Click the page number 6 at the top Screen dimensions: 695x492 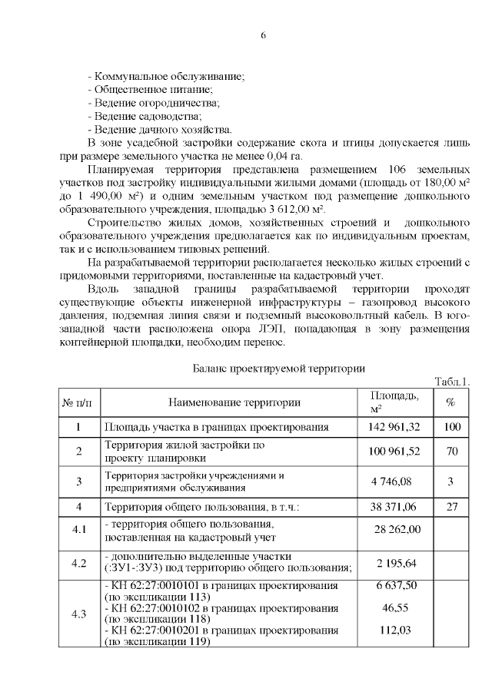(x=264, y=36)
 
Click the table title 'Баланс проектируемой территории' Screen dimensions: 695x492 (x=278, y=368)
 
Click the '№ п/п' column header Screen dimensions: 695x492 (x=78, y=402)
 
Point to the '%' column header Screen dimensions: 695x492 (x=451, y=402)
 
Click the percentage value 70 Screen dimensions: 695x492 (x=451, y=451)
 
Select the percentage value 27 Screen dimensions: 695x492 (x=451, y=507)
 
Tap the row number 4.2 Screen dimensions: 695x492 (x=78, y=562)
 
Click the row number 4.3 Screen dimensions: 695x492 (x=78, y=614)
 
